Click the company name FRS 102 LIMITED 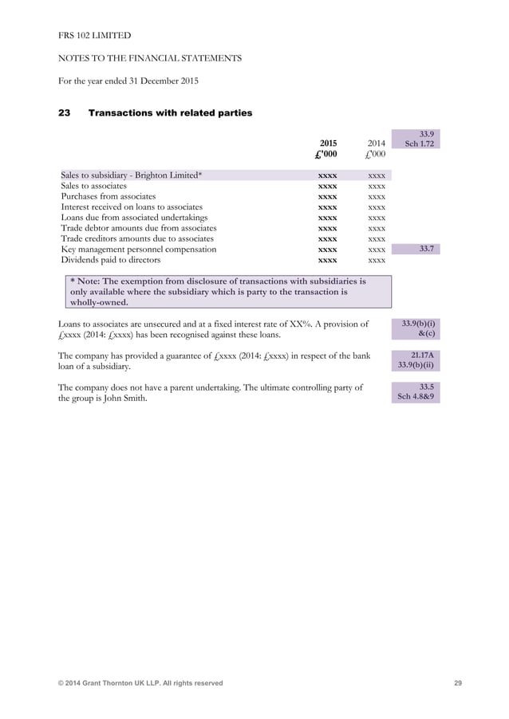click(x=95, y=36)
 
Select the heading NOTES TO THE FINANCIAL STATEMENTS click(x=150, y=58)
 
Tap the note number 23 click(x=65, y=113)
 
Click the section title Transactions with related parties click(x=170, y=113)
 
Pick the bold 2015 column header click(x=328, y=143)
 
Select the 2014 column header click(x=377, y=143)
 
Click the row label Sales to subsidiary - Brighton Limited click(x=132, y=175)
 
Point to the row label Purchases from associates click(x=109, y=196)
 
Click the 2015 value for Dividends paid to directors click(x=327, y=260)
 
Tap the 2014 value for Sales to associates click(x=377, y=186)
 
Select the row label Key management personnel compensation click(x=139, y=249)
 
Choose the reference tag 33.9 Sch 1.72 click(x=416, y=139)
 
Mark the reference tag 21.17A click(x=416, y=355)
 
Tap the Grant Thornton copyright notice click(x=140, y=683)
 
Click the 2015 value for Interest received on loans click(x=327, y=207)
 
